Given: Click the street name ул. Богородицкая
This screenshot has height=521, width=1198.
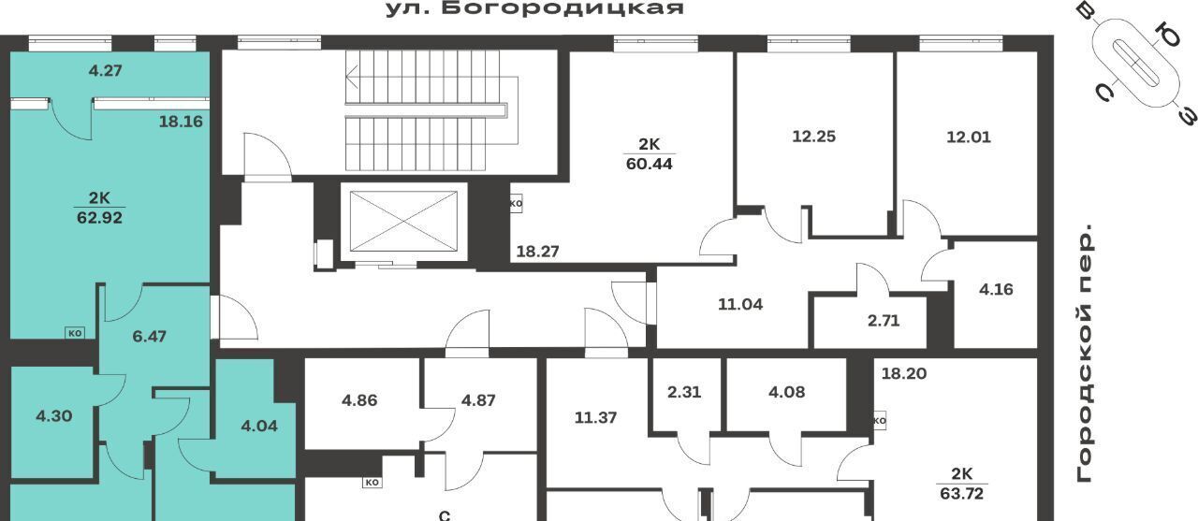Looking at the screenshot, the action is click(534, 9).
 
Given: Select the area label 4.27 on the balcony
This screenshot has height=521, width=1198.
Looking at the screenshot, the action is click(106, 70).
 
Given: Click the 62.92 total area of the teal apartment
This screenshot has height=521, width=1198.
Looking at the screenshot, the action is click(99, 218).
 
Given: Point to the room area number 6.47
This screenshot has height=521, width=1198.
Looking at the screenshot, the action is click(149, 337).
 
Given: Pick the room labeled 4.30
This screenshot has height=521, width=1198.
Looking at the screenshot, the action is click(54, 416).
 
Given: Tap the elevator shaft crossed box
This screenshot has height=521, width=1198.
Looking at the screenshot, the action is click(403, 222).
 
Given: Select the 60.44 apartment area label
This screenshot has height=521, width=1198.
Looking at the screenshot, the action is click(650, 164).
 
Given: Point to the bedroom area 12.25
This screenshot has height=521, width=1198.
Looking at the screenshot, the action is click(813, 137).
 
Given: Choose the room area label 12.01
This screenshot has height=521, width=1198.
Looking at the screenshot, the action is click(969, 137).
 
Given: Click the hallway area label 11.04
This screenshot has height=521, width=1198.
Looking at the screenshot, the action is click(740, 305).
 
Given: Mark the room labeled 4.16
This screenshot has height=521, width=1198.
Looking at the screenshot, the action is click(996, 290).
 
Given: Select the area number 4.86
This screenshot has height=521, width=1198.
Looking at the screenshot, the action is click(359, 400).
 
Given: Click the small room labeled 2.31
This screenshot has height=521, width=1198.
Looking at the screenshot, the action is click(684, 392).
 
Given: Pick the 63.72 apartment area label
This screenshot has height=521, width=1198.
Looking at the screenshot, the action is click(961, 494).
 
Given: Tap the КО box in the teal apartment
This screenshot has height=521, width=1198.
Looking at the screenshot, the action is click(76, 333).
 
